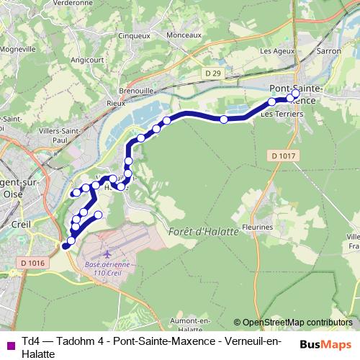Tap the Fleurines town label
point(258,226)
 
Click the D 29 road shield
point(211,73)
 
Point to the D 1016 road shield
point(32,264)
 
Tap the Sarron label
point(328,52)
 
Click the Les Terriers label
point(276,114)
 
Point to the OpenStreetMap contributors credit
point(292,322)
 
